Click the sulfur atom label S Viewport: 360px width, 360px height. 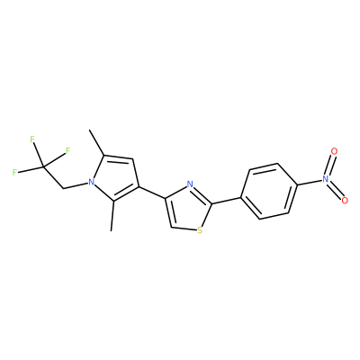pyautogui.click(x=200, y=230)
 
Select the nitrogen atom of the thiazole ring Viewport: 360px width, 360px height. pyautogui.click(x=189, y=184)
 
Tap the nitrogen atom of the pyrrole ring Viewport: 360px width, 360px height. pyautogui.click(x=91, y=182)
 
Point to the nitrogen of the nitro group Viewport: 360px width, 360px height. pyautogui.click(x=326, y=179)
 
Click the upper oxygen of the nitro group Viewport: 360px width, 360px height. pyautogui.click(x=334, y=151)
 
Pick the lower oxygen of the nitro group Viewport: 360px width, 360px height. pyautogui.click(x=345, y=200)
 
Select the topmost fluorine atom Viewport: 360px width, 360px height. pyautogui.click(x=32, y=139)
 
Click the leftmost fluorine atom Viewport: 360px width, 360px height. pyautogui.click(x=14, y=173)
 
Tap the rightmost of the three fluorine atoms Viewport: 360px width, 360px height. pyautogui.click(x=67, y=150)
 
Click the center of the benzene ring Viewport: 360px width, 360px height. pyautogui.click(x=269, y=191)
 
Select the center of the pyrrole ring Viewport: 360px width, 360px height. pyautogui.click(x=115, y=177)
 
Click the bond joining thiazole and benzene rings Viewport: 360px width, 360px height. pyautogui.click(x=227, y=201)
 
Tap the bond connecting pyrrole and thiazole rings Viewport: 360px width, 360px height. pyautogui.click(x=151, y=193)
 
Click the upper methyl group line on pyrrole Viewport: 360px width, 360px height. pyautogui.click(x=96, y=142)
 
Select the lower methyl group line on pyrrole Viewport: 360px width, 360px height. pyautogui.click(x=112, y=216)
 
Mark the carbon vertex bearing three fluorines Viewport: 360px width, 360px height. pyautogui.click(x=44, y=166)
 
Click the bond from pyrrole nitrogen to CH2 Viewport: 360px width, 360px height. pyautogui.click(x=76, y=185)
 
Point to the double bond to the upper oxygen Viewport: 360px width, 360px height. pyautogui.click(x=330, y=165)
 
